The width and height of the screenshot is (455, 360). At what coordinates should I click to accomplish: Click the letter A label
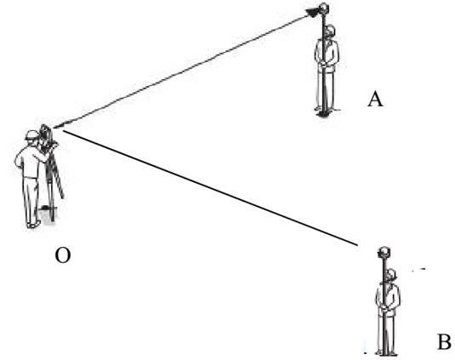[x=375, y=99]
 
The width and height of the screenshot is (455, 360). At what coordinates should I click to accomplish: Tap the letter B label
[x=444, y=341]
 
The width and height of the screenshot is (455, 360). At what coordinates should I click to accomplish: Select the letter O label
[x=63, y=255]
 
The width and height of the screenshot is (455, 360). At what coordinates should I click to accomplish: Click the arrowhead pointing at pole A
[x=313, y=13]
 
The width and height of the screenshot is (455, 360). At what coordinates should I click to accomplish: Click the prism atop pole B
[x=384, y=251]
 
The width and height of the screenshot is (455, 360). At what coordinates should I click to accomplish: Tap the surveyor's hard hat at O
[x=32, y=135]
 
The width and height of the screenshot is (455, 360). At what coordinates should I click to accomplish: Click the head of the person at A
[x=331, y=31]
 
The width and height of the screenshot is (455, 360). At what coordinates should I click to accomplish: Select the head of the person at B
[x=391, y=275]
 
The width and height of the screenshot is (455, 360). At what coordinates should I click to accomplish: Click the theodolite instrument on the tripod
[x=47, y=138]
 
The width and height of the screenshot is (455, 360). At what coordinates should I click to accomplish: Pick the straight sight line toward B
[x=210, y=188]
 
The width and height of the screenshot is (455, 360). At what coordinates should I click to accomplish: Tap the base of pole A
[x=323, y=114]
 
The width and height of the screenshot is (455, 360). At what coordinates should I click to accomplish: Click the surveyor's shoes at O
[x=34, y=224]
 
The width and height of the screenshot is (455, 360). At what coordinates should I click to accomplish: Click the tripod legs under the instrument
[x=53, y=186]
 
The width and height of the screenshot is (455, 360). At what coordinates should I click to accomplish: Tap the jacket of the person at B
[x=389, y=299]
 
